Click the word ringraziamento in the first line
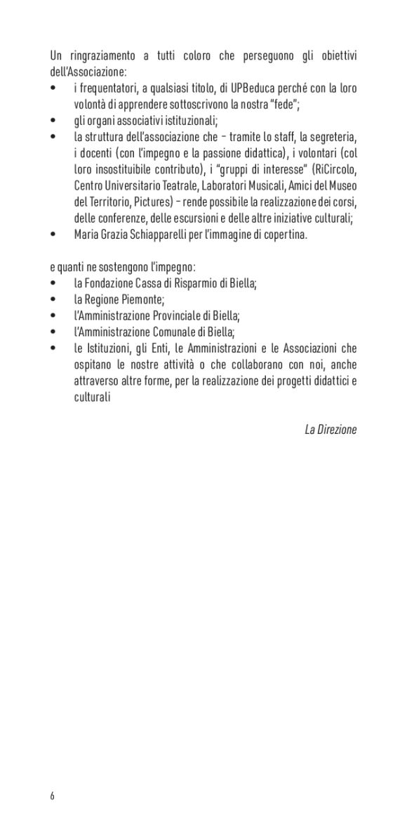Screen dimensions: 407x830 pos(105,56)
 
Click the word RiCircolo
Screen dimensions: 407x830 pos(333,169)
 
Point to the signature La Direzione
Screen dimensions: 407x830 pos(331,429)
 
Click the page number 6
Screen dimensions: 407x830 pos(52,796)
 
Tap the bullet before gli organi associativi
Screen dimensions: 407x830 pos(54,119)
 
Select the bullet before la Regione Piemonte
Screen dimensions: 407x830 pos(54,300)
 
